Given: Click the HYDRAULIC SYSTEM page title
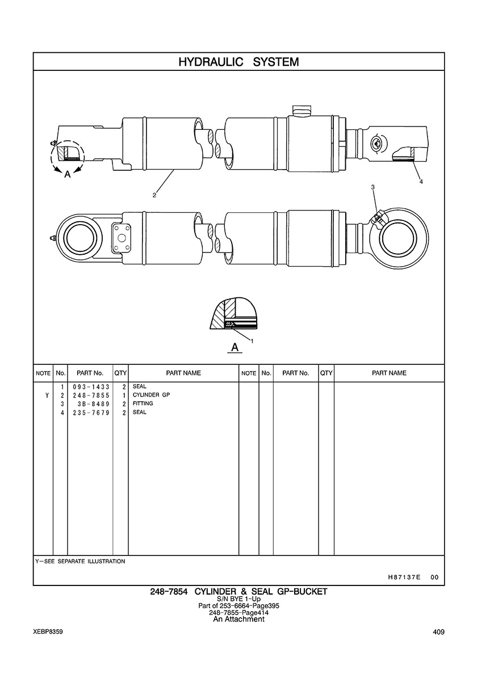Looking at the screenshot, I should coord(238,62).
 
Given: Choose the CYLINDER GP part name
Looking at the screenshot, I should coord(151,395).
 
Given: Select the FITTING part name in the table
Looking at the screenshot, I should coord(143,403).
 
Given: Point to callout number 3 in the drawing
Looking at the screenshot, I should coord(373,187).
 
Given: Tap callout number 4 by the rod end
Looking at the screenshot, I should coord(421,182).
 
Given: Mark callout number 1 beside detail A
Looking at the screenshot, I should coord(252,341).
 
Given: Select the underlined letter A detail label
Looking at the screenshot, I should coord(234,347).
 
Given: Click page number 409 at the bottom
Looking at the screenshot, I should coord(438,632).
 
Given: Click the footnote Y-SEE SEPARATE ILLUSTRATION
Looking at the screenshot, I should coord(80,561).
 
